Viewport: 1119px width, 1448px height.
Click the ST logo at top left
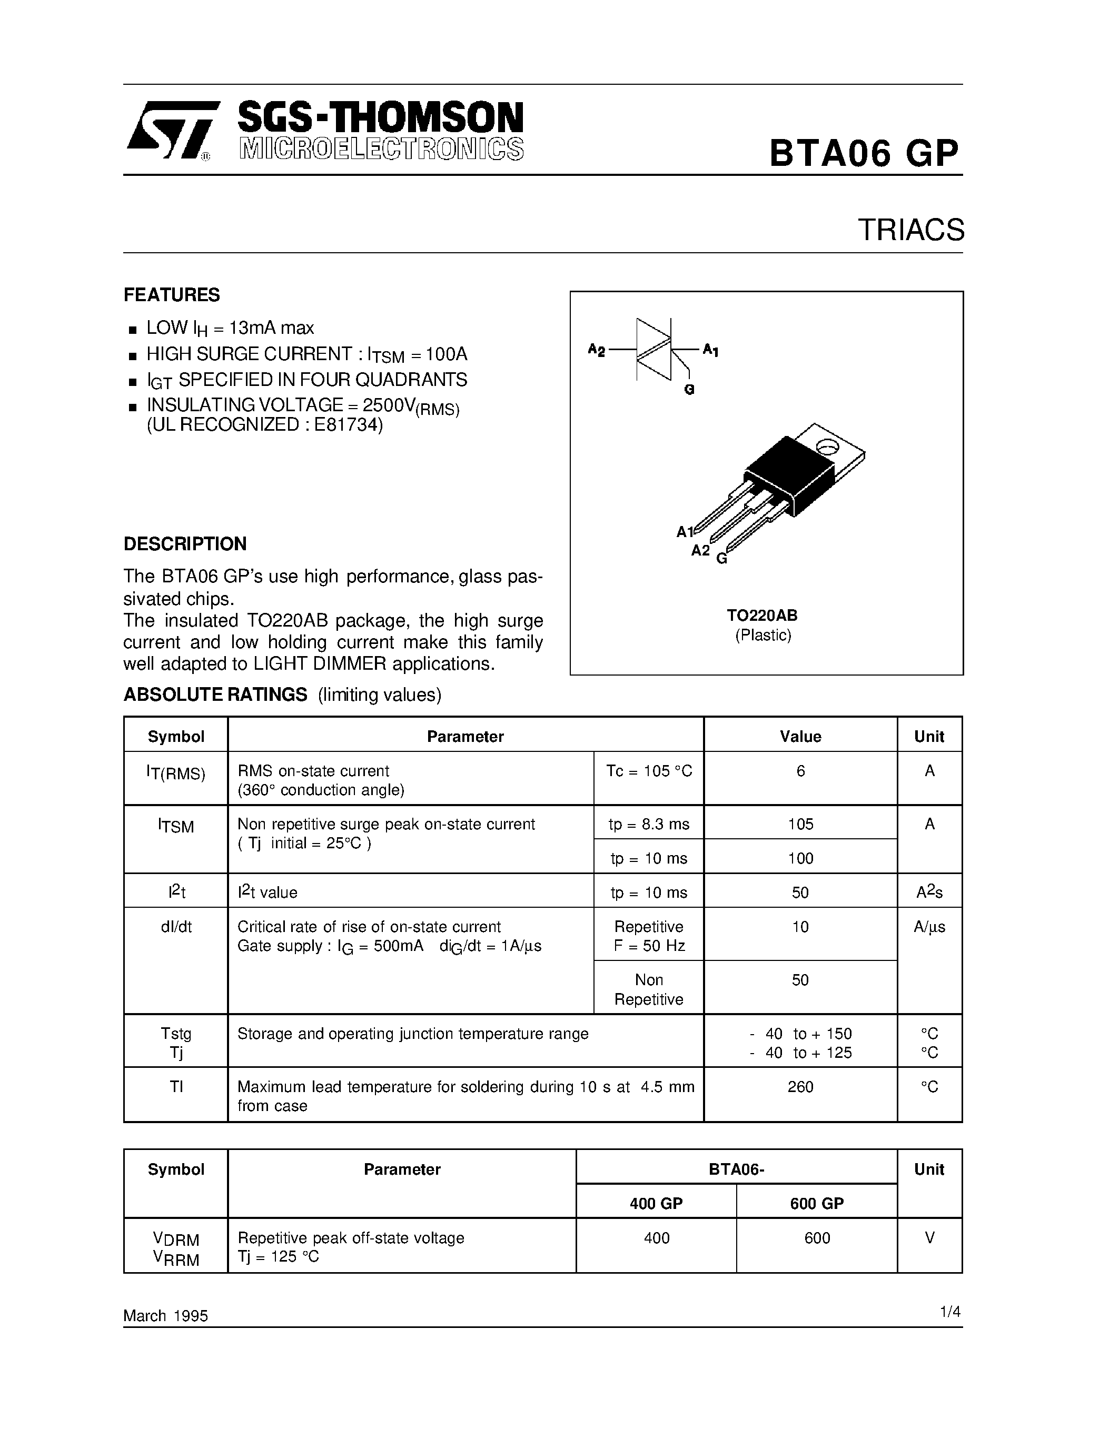[171, 131]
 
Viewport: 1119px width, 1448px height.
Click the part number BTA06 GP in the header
[863, 154]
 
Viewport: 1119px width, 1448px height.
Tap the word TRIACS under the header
[911, 230]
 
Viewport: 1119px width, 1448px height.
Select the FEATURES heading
[172, 294]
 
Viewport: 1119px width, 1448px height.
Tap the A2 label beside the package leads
[700, 550]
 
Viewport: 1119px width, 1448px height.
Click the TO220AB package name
[762, 615]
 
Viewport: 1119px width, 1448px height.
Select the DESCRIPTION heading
[185, 544]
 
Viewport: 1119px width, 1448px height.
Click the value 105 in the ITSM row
[800, 824]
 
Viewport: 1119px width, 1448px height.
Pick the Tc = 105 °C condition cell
[648, 771]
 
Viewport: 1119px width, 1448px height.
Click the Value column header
[800, 737]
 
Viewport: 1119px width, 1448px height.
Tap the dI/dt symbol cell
[176, 927]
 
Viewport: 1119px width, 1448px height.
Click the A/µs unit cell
[929, 927]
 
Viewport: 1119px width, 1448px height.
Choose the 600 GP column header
[817, 1203]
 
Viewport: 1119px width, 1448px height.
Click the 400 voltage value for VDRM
[656, 1238]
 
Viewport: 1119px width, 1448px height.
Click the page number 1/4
[950, 1312]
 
